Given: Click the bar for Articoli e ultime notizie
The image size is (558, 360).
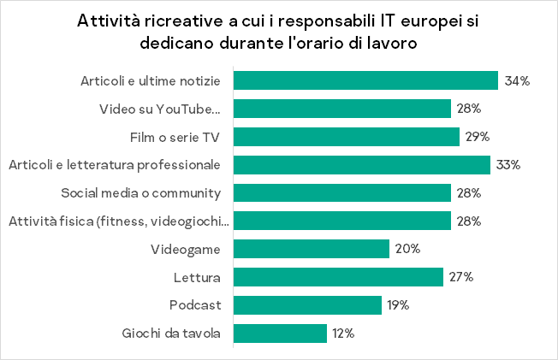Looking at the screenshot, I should [x=365, y=80].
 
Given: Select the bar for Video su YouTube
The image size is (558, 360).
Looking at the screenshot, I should [x=342, y=109].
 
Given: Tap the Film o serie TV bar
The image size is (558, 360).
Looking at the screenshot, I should [x=347, y=137].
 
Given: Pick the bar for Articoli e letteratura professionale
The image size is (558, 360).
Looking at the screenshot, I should [x=361, y=165].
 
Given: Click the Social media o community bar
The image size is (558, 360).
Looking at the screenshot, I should [x=342, y=193].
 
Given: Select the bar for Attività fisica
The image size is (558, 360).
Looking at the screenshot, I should [x=342, y=221].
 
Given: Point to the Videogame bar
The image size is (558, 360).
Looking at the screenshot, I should [x=312, y=249].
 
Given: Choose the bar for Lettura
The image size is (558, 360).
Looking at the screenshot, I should [x=338, y=277].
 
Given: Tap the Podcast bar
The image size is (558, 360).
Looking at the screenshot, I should [x=307, y=305].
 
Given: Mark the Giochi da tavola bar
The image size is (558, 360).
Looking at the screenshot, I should [x=280, y=333].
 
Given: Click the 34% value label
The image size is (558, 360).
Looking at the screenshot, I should [x=518, y=81].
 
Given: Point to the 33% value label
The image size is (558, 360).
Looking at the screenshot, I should [x=509, y=165].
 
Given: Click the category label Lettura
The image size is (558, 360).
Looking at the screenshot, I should [x=199, y=277].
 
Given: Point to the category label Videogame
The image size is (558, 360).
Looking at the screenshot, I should [x=187, y=249].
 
